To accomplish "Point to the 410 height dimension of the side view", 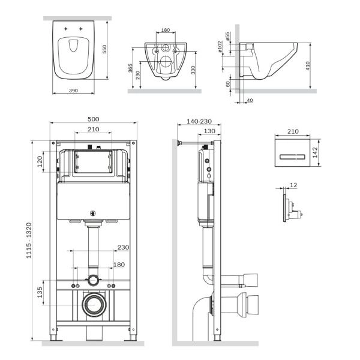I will click(x=308, y=65).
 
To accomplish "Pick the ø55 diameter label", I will click(x=228, y=37).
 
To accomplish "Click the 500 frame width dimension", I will click(x=93, y=119).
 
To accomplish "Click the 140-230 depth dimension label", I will click(x=200, y=121).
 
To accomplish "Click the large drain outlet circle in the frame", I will click(x=93, y=305).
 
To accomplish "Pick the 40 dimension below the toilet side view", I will click(x=249, y=100).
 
